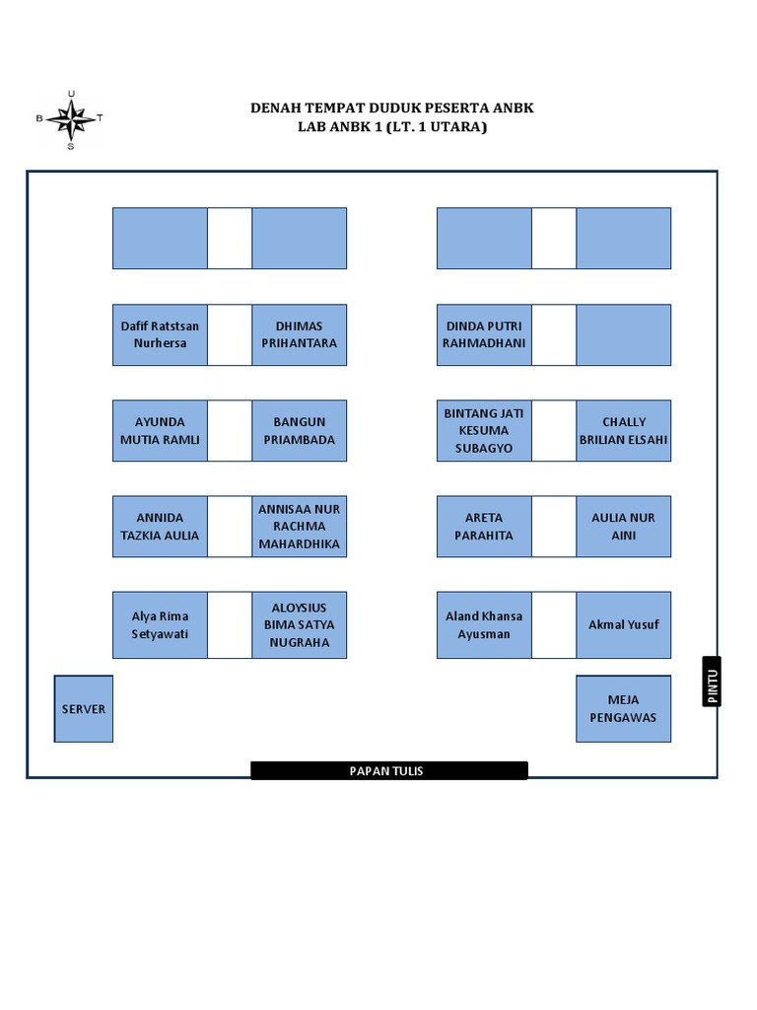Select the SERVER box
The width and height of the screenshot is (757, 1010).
click(84, 709)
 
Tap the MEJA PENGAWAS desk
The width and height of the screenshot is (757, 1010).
click(623, 709)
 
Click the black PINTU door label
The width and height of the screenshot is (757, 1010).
click(712, 682)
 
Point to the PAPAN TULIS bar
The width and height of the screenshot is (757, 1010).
click(388, 770)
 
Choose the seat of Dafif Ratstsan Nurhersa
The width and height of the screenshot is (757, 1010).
click(160, 335)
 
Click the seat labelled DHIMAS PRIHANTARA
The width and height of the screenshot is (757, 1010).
click(300, 335)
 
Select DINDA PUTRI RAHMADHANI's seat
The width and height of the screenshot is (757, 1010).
click(484, 335)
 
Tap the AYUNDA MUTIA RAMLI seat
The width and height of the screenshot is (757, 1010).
click(160, 431)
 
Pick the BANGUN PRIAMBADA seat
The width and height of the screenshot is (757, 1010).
click(300, 431)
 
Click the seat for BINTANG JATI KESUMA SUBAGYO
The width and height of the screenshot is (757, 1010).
click(484, 431)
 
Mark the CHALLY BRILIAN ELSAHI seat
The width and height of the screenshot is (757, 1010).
click(624, 431)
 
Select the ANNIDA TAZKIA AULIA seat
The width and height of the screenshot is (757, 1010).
click(160, 527)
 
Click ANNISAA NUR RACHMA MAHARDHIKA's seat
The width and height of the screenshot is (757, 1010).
click(300, 527)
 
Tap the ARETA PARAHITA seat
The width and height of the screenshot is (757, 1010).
click(484, 527)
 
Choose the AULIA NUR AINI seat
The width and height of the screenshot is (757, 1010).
click(624, 527)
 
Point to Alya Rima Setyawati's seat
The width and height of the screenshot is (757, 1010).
click(160, 625)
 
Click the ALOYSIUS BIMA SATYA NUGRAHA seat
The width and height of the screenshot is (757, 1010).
click(300, 625)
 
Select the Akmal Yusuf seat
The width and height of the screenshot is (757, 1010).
click(624, 625)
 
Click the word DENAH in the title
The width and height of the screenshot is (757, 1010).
click(275, 108)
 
